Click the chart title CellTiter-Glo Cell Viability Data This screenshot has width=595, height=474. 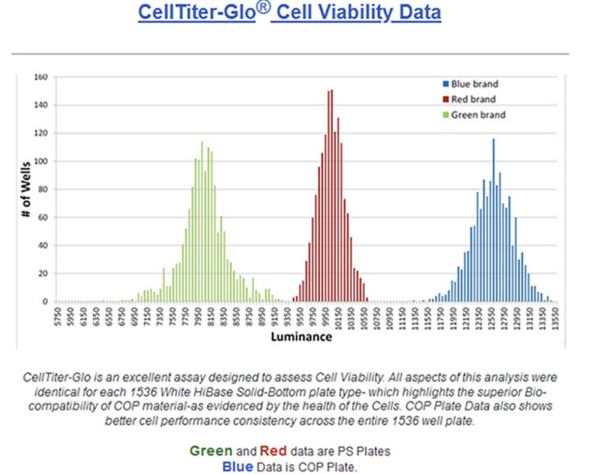[x=289, y=13]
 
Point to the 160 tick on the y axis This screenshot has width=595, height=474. [x=41, y=77]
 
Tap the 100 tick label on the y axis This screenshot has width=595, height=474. [x=41, y=161]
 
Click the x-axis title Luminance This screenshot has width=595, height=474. [x=301, y=337]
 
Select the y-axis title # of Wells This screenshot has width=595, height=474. [x=26, y=190]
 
